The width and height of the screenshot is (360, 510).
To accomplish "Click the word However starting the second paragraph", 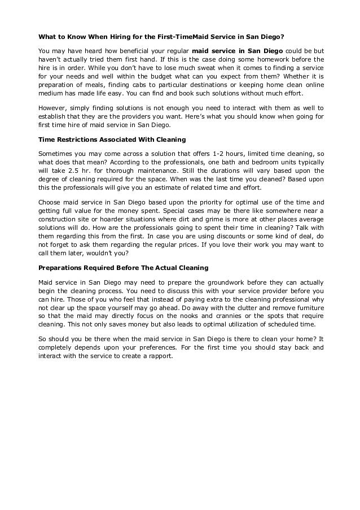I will click(x=52, y=108).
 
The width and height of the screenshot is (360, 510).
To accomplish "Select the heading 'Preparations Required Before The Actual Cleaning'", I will click(x=123, y=268).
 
